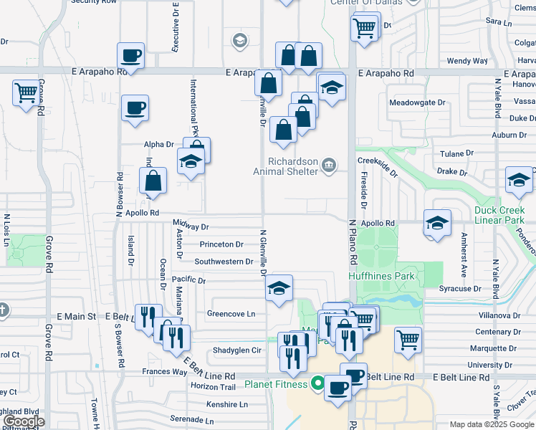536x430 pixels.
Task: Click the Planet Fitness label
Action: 276,384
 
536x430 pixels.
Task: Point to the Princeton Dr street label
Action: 221,244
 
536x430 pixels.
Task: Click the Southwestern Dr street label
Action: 224,262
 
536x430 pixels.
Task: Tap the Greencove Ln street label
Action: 231,314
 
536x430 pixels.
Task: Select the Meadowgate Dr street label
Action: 417,102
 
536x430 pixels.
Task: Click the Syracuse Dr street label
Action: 460,289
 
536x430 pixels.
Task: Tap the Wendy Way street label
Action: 467,61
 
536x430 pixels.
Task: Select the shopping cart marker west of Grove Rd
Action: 26,92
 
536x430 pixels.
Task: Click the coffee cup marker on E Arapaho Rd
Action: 132,55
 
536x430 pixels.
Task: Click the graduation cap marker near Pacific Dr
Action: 279,288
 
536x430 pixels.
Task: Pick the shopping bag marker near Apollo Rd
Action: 153,182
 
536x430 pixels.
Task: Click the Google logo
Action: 24,421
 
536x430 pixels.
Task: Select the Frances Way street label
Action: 164,372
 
